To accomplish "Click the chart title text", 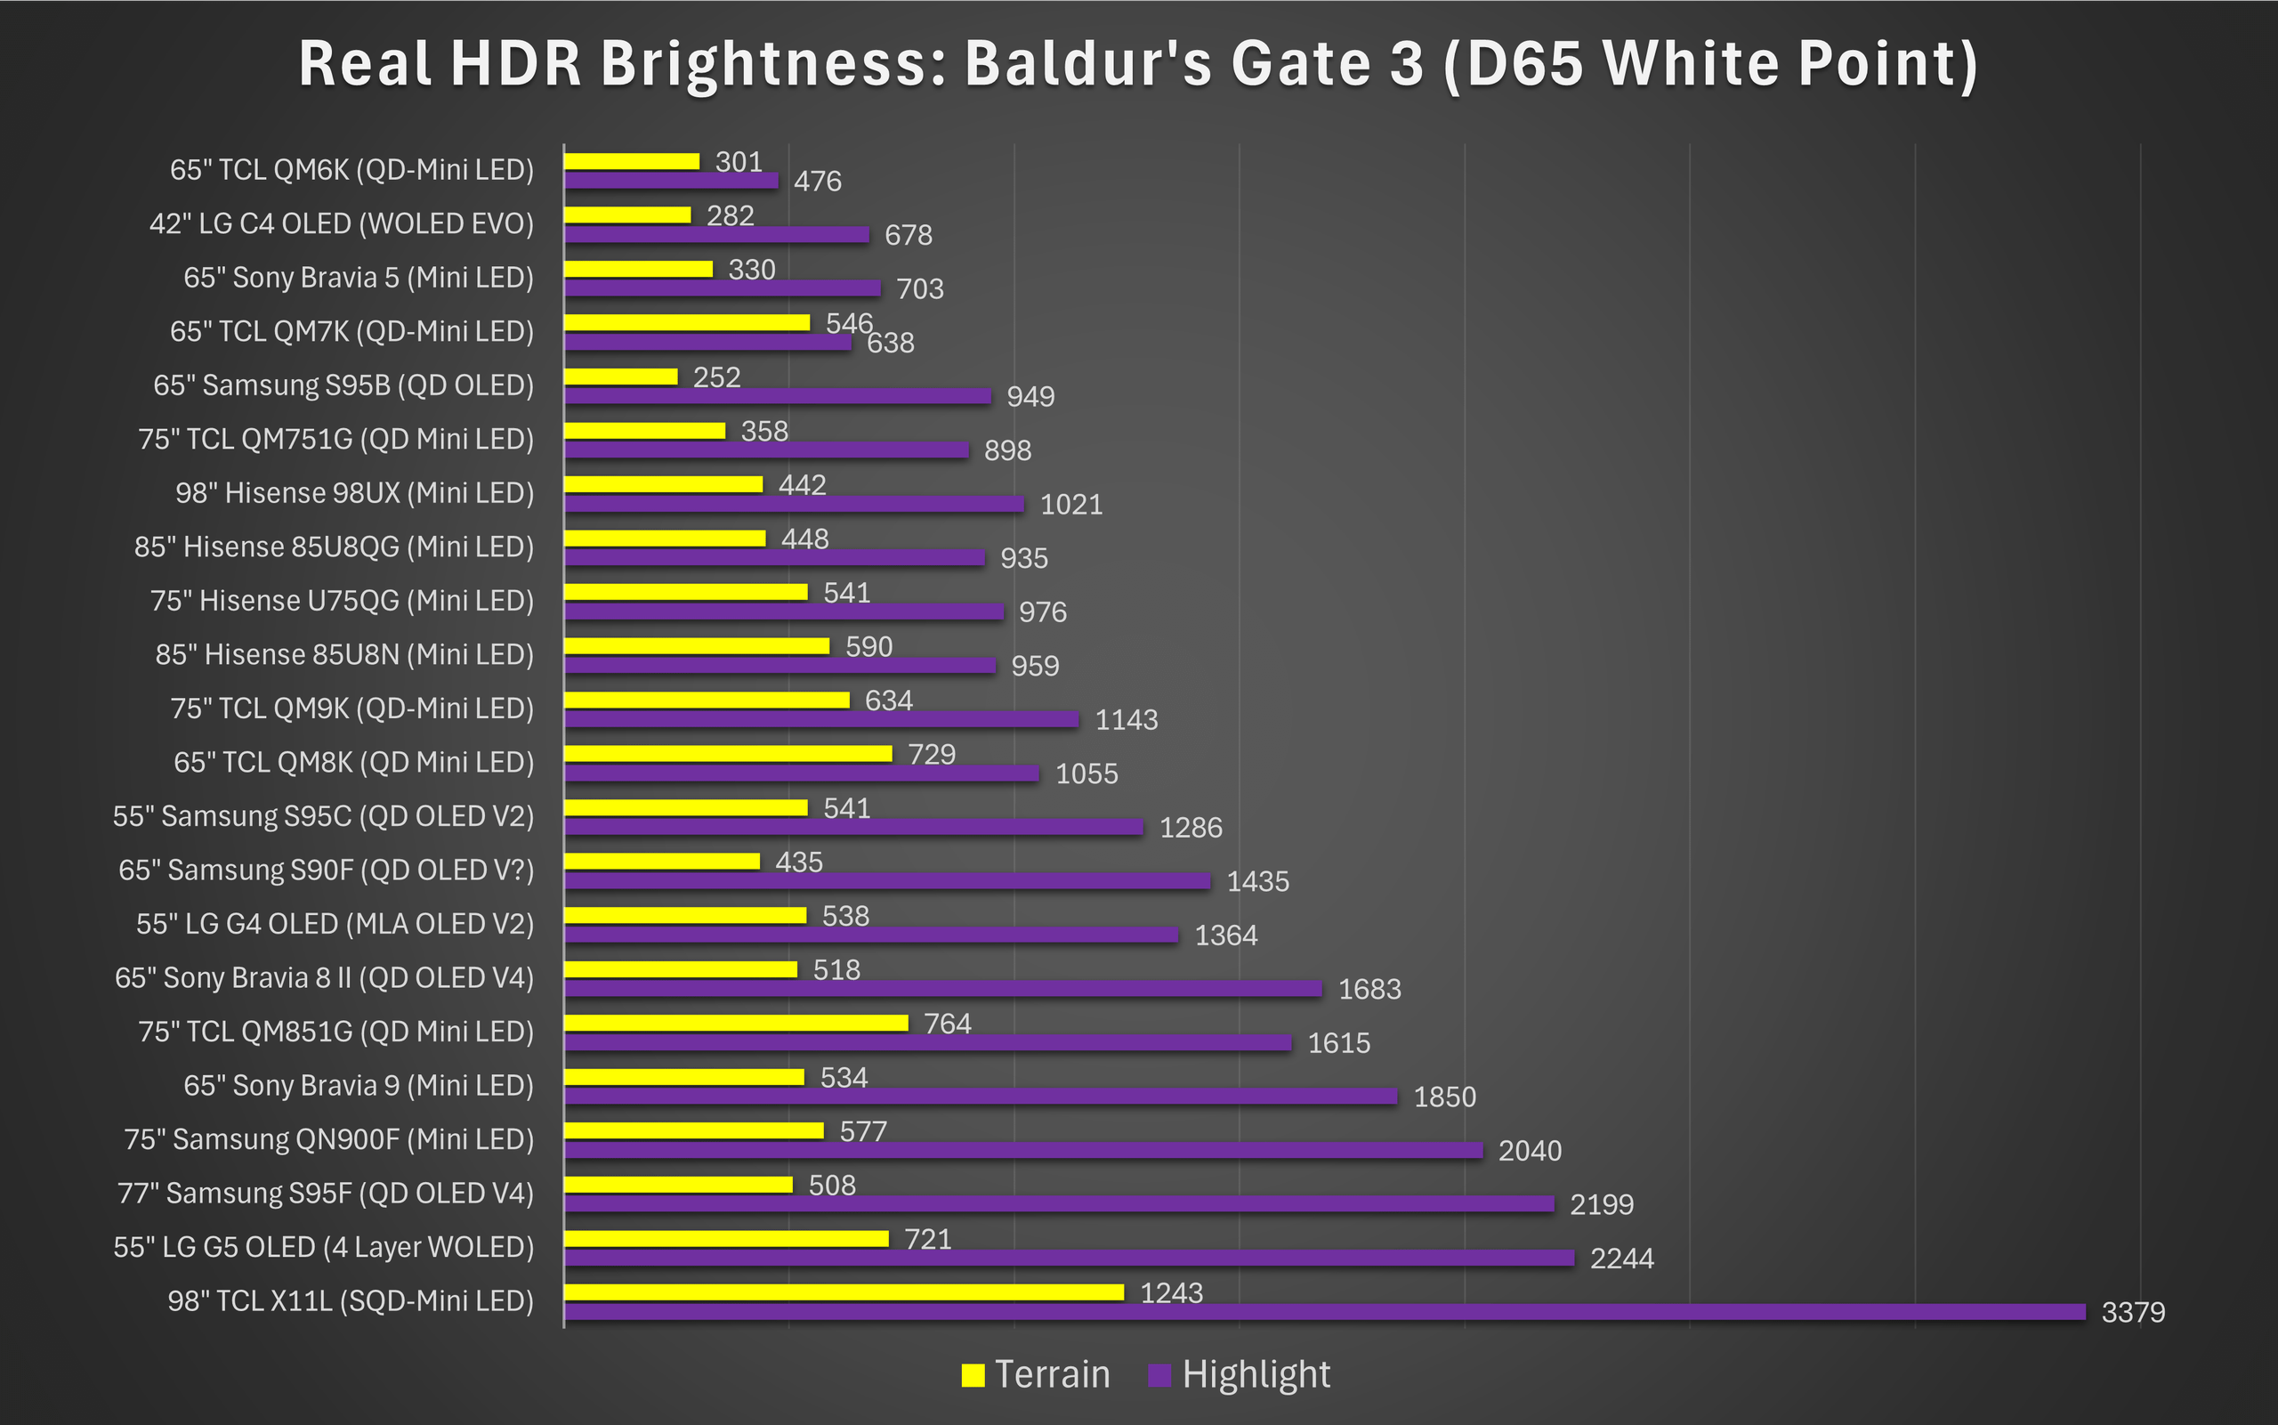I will tap(1138, 64).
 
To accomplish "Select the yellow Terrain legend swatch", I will tap(973, 1375).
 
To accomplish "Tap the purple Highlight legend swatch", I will tap(1159, 1375).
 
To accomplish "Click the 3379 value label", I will tap(2133, 1312).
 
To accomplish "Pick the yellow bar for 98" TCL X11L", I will tap(844, 1292).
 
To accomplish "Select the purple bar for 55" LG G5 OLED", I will tap(1070, 1258).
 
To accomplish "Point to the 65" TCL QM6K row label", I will tap(351, 170).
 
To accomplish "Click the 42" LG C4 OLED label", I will tap(341, 223).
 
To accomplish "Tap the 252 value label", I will tap(717, 377).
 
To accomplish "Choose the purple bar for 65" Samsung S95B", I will tap(777, 396).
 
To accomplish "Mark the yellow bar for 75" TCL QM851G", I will tap(736, 1023).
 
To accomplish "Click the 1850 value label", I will tap(1444, 1097).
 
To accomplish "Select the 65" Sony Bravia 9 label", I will tap(358, 1086).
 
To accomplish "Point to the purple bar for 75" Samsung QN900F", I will tap(1023, 1150).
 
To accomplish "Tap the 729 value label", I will tap(932, 754).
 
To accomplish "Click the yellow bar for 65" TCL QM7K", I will tap(687, 322).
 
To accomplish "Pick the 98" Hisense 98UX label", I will tap(354, 493).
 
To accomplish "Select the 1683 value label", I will tap(1369, 989).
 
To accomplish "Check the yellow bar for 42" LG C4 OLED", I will tap(627, 215).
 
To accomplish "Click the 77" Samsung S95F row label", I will tap(325, 1194).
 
